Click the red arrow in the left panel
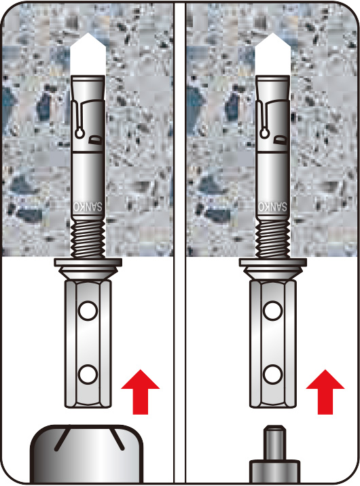tap(141, 392)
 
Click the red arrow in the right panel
tap(325, 392)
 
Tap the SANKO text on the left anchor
tap(88, 207)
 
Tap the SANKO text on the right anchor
tap(272, 207)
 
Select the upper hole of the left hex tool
tap(88, 311)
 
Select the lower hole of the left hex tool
tap(88, 375)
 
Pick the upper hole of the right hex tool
tap(272, 311)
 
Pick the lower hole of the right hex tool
tap(272, 375)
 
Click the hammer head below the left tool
tap(87, 454)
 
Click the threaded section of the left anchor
tap(88, 239)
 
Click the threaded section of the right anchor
tap(272, 239)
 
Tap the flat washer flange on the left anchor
tap(88, 262)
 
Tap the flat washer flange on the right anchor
tap(273, 262)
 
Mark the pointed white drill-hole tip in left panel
tap(88, 54)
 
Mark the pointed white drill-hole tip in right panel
tap(273, 54)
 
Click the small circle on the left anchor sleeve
tap(79, 133)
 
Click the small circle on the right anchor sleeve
tap(264, 133)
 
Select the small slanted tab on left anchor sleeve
tap(95, 140)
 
